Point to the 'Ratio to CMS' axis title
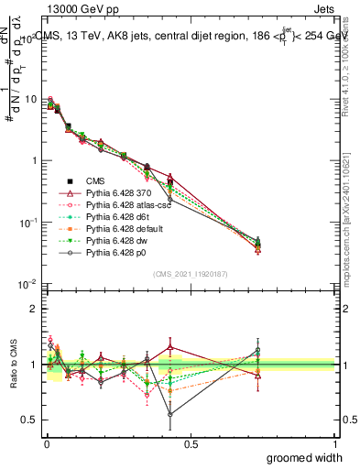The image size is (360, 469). (12, 365)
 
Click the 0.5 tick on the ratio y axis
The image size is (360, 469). (33, 420)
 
